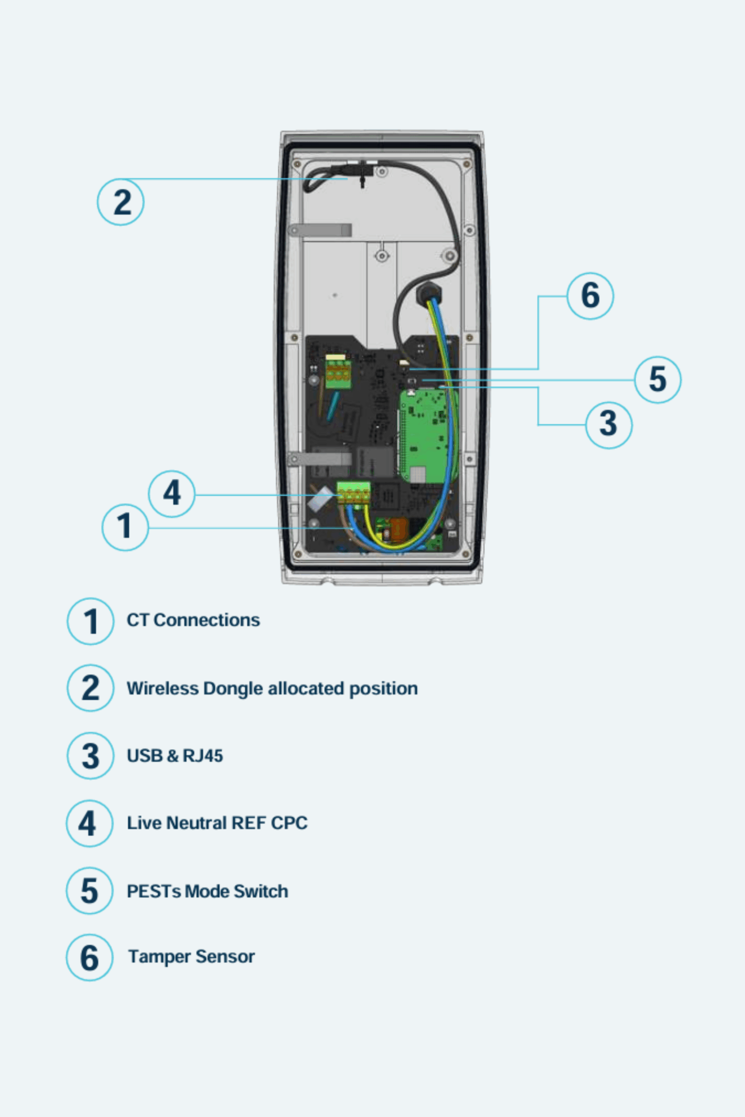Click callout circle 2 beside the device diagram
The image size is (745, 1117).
click(x=121, y=202)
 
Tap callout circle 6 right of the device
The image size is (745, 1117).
click(x=590, y=295)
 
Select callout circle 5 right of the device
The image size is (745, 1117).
click(x=658, y=380)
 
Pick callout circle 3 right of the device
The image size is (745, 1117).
click(x=609, y=424)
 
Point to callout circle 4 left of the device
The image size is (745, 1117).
click(x=172, y=493)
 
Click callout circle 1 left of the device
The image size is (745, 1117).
click(x=125, y=527)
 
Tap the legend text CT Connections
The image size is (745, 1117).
click(x=193, y=620)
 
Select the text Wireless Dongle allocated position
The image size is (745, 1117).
click(x=272, y=688)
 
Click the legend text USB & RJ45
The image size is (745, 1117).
click(x=175, y=756)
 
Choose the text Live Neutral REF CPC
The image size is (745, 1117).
click(x=216, y=823)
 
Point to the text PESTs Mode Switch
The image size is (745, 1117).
click(x=207, y=891)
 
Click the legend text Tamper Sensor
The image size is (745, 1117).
click(x=191, y=956)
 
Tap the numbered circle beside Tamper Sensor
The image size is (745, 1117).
click(x=89, y=958)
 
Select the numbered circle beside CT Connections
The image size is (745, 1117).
click(x=90, y=621)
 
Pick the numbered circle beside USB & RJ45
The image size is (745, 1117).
click(x=90, y=756)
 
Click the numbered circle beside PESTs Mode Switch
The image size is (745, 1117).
click(x=89, y=891)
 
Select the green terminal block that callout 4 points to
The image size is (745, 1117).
click(x=354, y=492)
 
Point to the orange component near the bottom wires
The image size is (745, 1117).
click(x=398, y=530)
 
